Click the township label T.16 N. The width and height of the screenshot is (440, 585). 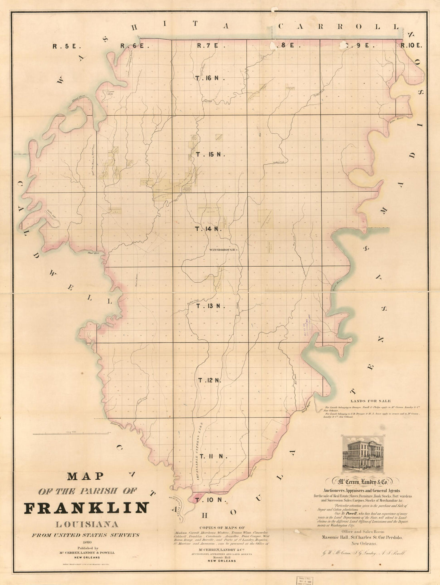[210, 78]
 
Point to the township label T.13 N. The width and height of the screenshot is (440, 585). [211, 306]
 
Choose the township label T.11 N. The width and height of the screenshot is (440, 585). [213, 456]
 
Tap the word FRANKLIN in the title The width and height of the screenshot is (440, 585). [86, 508]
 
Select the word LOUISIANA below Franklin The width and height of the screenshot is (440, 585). [86, 524]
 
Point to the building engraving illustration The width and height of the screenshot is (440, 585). [362, 454]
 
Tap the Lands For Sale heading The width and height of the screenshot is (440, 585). [370, 401]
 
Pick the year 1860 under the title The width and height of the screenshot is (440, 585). [86, 542]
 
